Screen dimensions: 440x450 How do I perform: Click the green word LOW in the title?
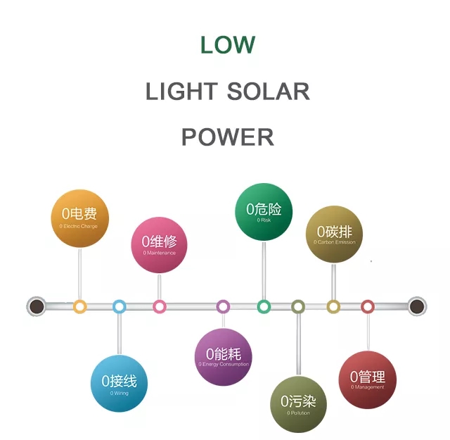click(x=227, y=45)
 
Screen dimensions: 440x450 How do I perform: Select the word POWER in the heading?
click(x=227, y=137)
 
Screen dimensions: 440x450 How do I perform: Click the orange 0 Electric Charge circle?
click(x=79, y=218)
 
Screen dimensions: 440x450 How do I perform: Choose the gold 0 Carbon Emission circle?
click(x=334, y=234)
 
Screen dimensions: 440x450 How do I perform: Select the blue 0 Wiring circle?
click(x=119, y=384)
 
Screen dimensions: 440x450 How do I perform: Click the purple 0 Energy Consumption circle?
click(x=223, y=357)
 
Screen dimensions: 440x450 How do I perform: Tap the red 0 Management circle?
click(x=368, y=380)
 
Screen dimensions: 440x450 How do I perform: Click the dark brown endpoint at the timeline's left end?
click(x=36, y=306)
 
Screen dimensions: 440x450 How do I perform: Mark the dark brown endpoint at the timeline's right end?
click(x=417, y=306)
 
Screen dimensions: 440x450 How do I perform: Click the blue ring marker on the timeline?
click(x=119, y=306)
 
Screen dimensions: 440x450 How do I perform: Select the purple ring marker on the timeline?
click(x=223, y=306)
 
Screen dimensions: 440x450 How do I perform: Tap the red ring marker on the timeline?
click(x=368, y=306)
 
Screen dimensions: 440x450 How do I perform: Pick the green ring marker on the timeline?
click(x=264, y=306)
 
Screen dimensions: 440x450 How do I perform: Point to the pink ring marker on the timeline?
click(x=160, y=306)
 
